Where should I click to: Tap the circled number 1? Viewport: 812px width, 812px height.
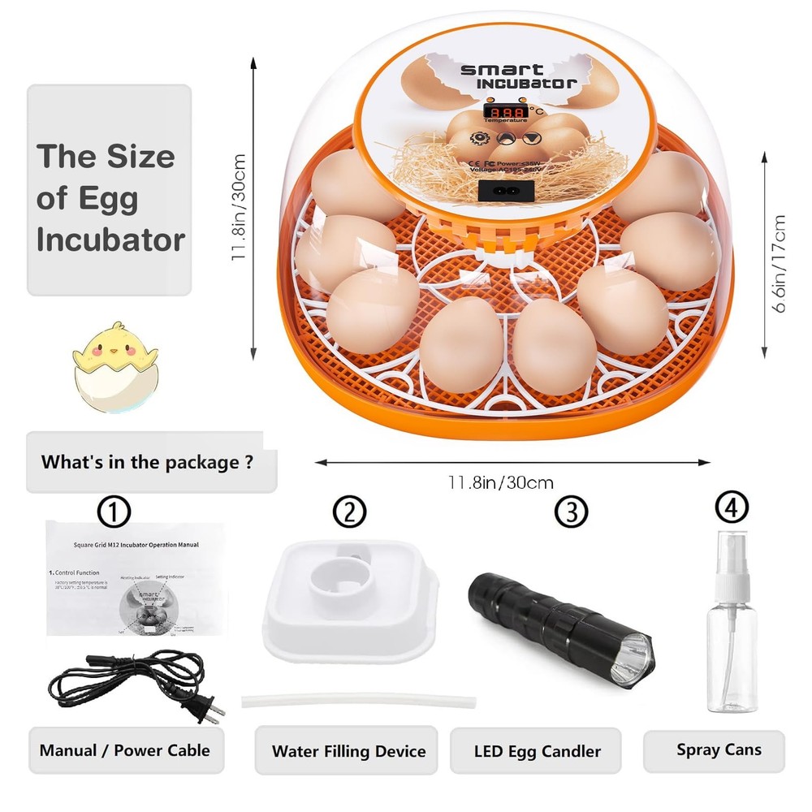(x=114, y=512)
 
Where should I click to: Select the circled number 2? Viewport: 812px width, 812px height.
(x=349, y=512)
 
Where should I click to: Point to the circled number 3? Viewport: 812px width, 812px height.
(x=571, y=512)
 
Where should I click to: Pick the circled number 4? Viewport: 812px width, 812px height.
(x=731, y=508)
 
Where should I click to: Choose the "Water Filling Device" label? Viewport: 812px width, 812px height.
(x=348, y=751)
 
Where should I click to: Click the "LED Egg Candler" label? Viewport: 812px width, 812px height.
(x=538, y=751)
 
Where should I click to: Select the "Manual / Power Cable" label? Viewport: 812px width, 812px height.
(x=124, y=750)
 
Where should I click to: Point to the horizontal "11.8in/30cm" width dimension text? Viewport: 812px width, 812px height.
(x=500, y=482)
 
